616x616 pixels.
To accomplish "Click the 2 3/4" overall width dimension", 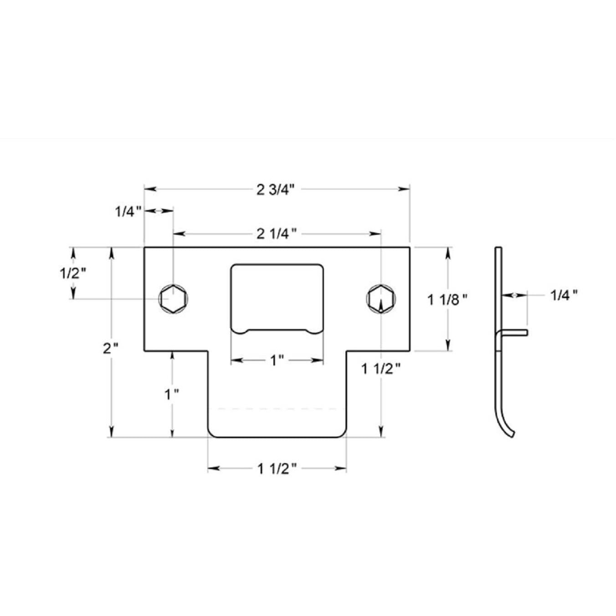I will pyautogui.click(x=276, y=190).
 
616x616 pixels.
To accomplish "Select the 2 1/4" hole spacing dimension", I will pyautogui.click(x=277, y=234).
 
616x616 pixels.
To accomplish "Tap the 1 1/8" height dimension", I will pyautogui.click(x=447, y=300).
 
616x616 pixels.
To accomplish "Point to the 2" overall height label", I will pyautogui.click(x=110, y=349).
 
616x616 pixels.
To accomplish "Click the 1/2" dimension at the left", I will pyautogui.click(x=73, y=273).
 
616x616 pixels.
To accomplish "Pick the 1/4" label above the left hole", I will pyautogui.click(x=128, y=211).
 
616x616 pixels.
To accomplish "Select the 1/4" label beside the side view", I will pyautogui.click(x=564, y=295).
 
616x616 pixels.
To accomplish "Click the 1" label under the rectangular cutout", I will pyautogui.click(x=277, y=361).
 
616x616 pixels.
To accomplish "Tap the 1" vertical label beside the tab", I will pyautogui.click(x=172, y=395).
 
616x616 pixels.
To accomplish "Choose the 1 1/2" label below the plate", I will pyautogui.click(x=277, y=468).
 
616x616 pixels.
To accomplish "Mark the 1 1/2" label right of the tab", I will pyautogui.click(x=381, y=369).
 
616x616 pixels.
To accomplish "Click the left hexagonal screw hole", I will pyautogui.click(x=173, y=299).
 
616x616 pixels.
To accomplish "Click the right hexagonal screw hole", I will pyautogui.click(x=380, y=299).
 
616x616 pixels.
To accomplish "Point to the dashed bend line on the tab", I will pyautogui.click(x=277, y=409).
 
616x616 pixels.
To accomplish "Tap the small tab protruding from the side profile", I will pyautogui.click(x=517, y=333).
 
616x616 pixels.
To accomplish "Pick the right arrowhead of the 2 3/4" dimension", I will pyautogui.click(x=405, y=189).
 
